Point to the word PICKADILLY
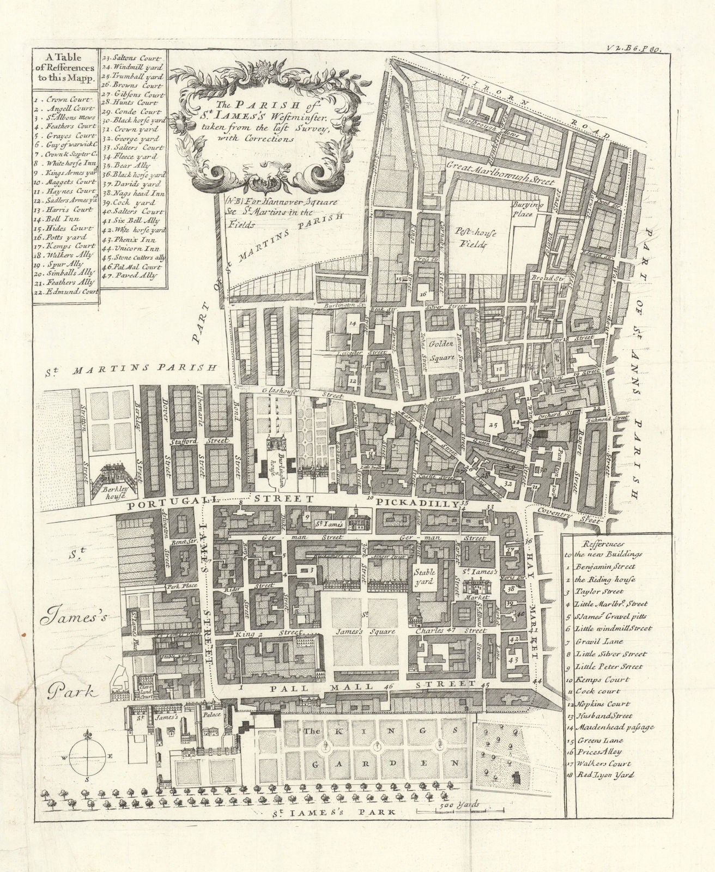(x=417, y=504)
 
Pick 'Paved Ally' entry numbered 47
(x=136, y=275)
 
